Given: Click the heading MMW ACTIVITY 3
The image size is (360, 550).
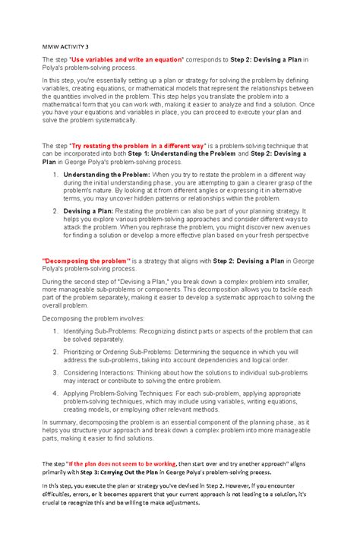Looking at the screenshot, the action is click(66, 46).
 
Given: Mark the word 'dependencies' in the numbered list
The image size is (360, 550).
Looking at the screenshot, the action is click(211, 361).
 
